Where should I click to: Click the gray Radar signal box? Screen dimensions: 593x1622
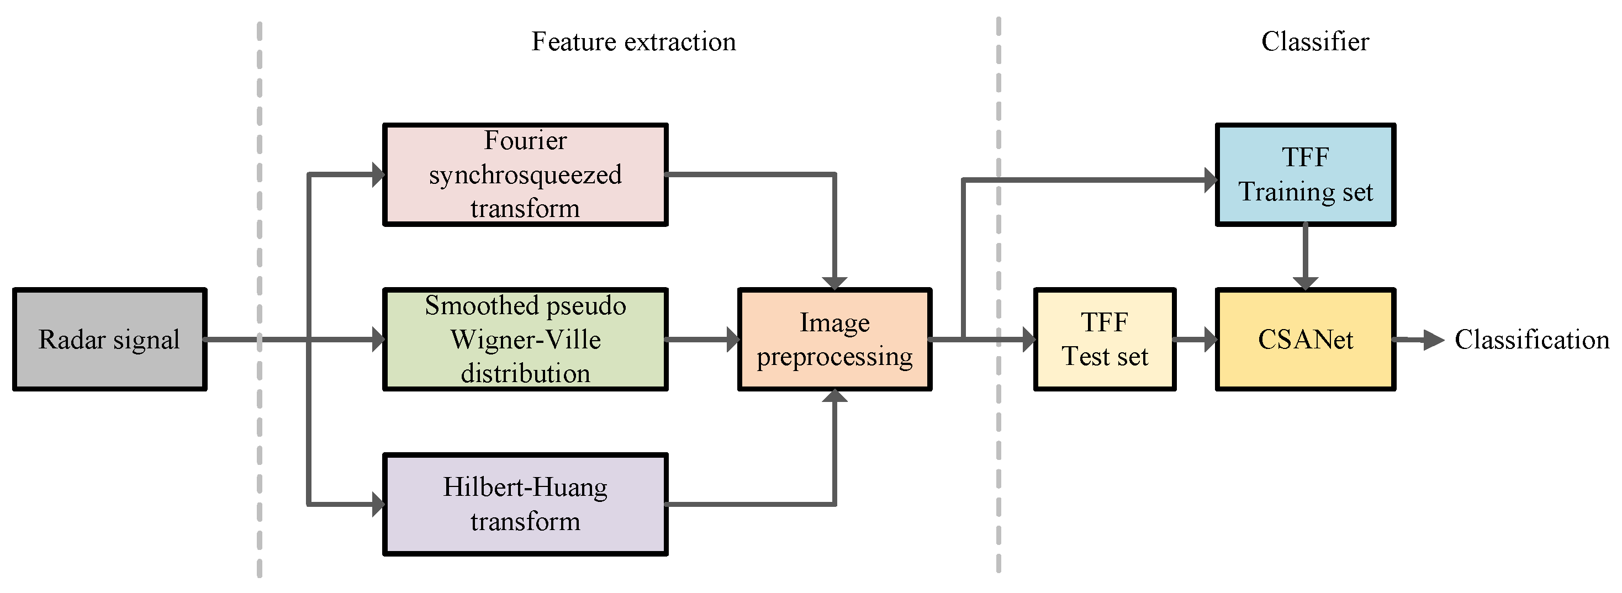[109, 340]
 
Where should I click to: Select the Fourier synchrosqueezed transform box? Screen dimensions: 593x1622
[525, 174]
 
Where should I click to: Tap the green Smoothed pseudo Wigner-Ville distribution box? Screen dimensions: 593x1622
[525, 340]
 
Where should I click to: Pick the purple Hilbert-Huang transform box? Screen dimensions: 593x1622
[525, 504]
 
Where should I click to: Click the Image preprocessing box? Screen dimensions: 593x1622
[834, 340]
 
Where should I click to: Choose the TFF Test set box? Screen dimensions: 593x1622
[1105, 340]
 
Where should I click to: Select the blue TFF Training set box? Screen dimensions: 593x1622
[1306, 174]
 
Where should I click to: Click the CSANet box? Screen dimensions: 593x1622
[1306, 340]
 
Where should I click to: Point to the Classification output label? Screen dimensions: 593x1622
[1531, 340]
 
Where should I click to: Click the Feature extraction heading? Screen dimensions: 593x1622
[633, 41]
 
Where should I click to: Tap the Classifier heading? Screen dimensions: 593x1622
[1315, 41]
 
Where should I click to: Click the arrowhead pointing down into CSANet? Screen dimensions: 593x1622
[1306, 283]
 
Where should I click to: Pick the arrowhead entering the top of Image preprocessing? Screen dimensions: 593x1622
[834, 283]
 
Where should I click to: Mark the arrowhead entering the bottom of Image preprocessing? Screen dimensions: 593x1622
[834, 396]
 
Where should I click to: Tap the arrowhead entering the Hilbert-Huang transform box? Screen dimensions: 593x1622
[378, 504]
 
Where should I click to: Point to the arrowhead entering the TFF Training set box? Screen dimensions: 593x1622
[1210, 180]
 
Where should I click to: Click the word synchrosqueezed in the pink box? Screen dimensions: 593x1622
[525, 174]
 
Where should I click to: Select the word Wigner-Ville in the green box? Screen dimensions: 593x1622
[525, 340]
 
